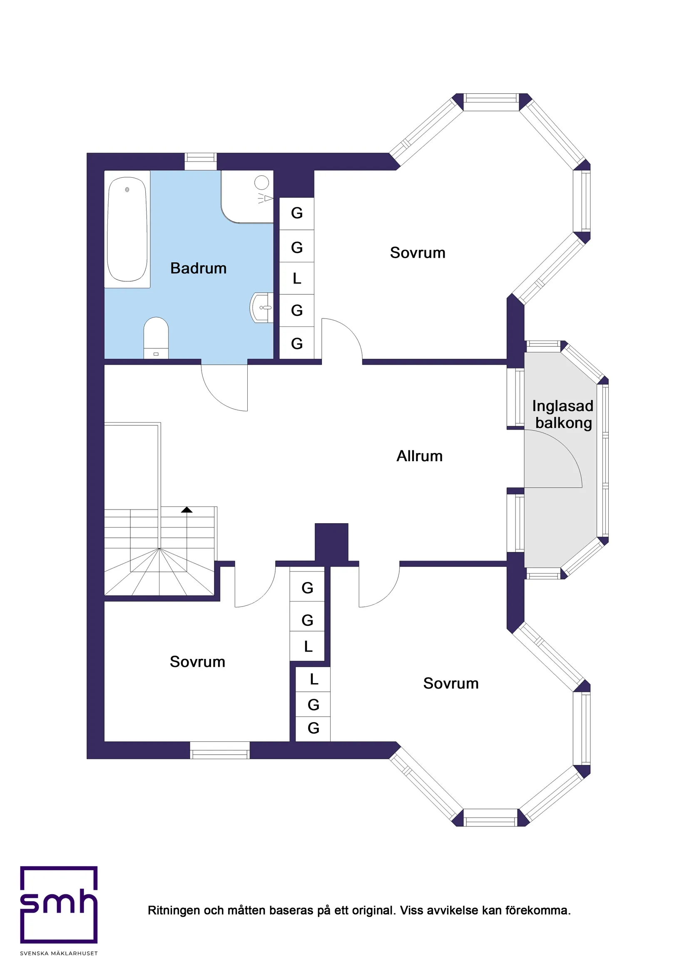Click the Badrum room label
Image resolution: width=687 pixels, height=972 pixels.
tap(198, 268)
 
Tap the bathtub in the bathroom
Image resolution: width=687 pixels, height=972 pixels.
tap(127, 229)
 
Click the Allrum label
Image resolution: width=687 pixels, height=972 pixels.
tap(419, 456)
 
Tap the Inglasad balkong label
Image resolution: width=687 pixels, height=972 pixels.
tap(563, 414)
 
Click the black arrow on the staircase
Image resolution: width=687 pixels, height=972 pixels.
tap(187, 510)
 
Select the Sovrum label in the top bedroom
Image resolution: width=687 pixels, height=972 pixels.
tap(418, 253)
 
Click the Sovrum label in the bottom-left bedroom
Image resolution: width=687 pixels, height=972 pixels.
tap(197, 662)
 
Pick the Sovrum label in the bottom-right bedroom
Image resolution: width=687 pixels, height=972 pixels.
tap(451, 683)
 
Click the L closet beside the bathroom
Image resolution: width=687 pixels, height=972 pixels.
tap(297, 278)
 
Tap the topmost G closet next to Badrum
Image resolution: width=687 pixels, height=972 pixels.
tap(297, 214)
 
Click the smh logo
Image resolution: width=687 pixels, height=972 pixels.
tap(59, 904)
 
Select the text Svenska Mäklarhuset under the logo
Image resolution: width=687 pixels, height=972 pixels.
tap(59, 953)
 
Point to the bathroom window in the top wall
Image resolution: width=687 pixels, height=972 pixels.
tap(200, 161)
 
